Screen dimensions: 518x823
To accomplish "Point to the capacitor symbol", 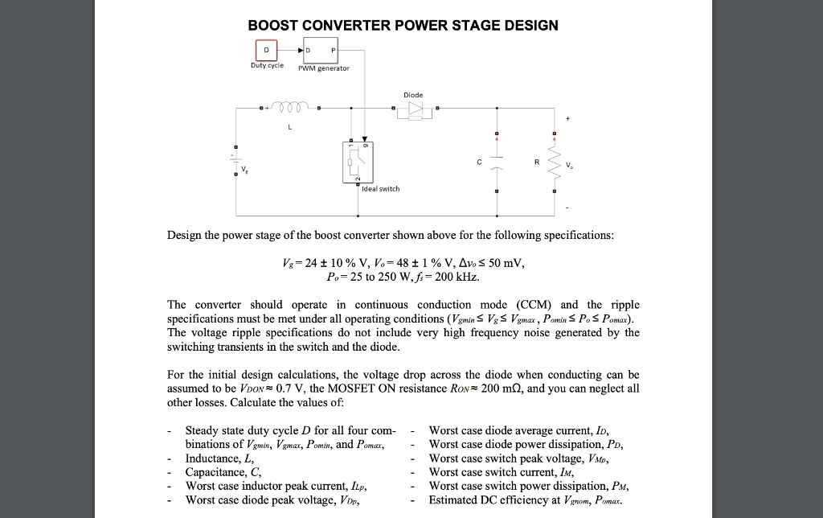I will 497,163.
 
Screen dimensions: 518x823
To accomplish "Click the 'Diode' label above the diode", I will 413,94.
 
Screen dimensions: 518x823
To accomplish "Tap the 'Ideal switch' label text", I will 381,189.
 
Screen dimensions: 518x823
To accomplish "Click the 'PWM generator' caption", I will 323,69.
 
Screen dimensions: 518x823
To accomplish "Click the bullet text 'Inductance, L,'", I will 218,458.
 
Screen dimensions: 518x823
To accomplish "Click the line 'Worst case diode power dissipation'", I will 526,445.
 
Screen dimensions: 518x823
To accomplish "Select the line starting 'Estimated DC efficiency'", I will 526,499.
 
